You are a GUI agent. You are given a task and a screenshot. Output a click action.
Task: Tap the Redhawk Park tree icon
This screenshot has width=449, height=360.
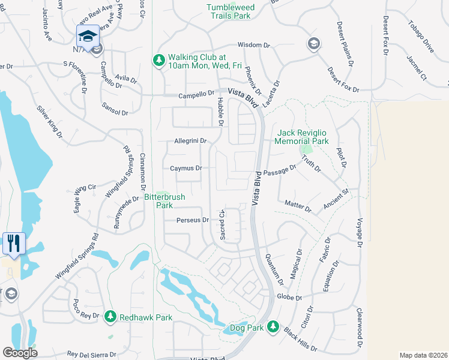(x=109, y=316)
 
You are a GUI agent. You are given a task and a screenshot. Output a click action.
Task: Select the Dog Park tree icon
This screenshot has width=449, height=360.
(x=273, y=326)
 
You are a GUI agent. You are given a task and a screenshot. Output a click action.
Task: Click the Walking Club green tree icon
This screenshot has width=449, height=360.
(x=158, y=59)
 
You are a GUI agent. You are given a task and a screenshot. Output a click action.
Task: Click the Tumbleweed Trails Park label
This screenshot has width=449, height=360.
(x=228, y=11)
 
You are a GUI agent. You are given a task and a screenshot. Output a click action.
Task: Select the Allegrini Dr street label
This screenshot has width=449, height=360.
(x=190, y=141)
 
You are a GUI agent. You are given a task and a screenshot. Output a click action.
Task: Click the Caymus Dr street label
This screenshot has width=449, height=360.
(x=185, y=169)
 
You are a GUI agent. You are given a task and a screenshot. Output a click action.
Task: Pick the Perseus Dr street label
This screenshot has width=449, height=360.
(x=192, y=220)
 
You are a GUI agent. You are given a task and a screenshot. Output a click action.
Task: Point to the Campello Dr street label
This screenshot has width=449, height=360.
(x=196, y=95)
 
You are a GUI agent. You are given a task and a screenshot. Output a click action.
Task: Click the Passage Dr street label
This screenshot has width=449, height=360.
(x=280, y=170)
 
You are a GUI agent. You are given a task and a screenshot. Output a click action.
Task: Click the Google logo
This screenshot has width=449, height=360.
(x=20, y=353)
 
